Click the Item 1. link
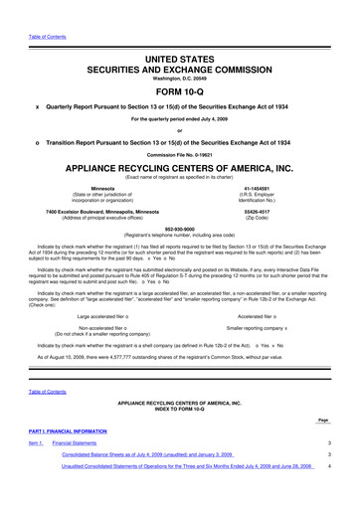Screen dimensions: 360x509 [36, 441]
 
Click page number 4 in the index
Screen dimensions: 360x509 [328, 464]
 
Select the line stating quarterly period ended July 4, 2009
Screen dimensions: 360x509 [179, 120]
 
